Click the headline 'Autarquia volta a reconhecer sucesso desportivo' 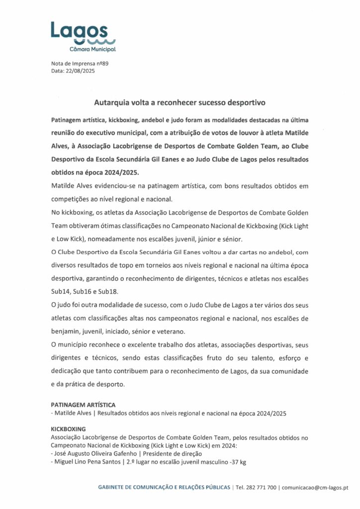[x=180, y=102]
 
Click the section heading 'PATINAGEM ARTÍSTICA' [x=83, y=405]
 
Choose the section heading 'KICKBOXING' [x=69, y=428]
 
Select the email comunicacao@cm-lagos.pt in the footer [x=315, y=488]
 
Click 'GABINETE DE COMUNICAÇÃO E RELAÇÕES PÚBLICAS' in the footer [x=164, y=488]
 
